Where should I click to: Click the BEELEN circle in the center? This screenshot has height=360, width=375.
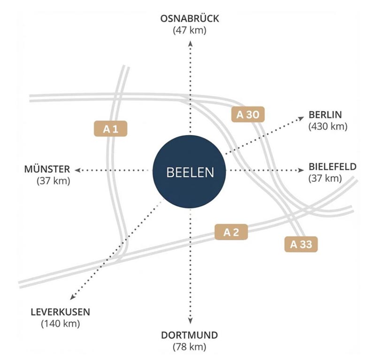(190, 172)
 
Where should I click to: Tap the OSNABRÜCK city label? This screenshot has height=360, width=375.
(190, 19)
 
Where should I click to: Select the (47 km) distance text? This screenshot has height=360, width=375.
(190, 30)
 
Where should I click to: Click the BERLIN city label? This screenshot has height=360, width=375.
(325, 115)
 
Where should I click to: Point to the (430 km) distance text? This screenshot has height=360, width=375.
(328, 127)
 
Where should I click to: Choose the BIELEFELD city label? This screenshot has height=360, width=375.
(332, 166)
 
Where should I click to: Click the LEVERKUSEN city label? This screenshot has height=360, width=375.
(60, 312)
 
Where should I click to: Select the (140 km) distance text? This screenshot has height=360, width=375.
(60, 323)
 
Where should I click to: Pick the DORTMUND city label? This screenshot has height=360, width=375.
(190, 335)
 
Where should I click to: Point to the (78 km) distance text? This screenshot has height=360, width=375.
(190, 347)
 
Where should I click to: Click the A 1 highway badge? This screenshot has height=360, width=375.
(111, 129)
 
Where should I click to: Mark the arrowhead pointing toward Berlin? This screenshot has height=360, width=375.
(302, 119)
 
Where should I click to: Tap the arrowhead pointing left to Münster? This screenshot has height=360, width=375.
(78, 169)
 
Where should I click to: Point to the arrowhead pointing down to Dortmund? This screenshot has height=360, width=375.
(190, 322)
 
